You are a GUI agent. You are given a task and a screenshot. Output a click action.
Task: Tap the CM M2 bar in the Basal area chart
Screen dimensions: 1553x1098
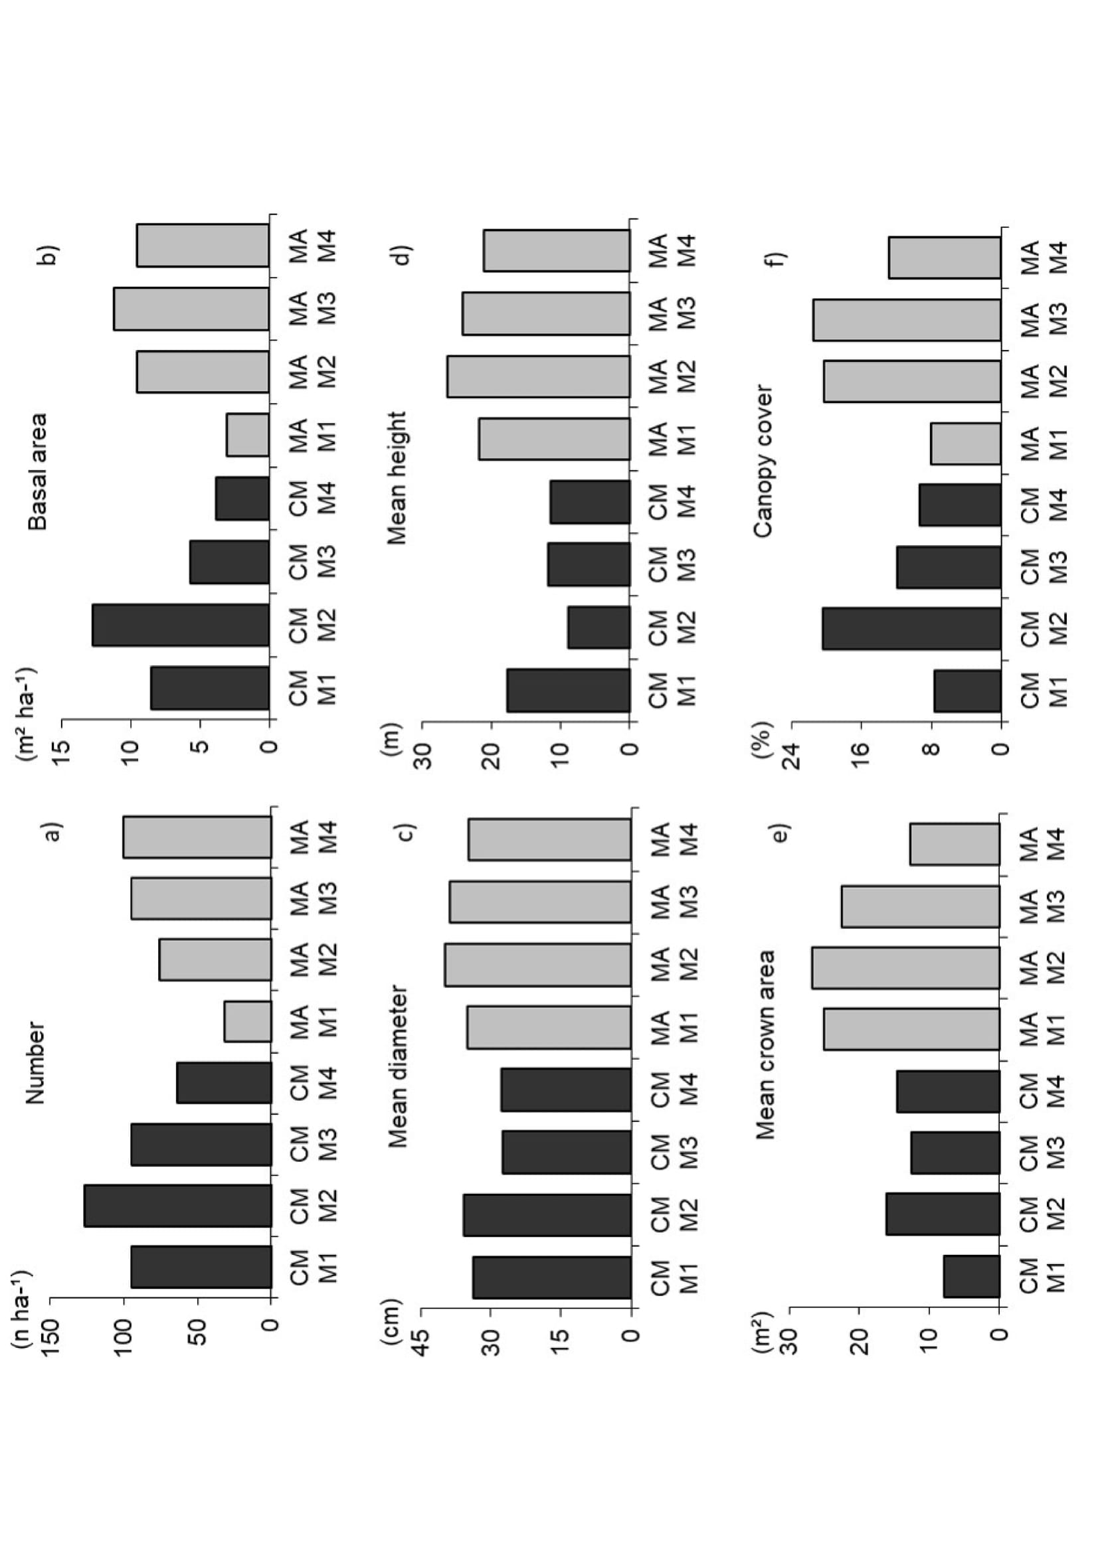[x=181, y=625]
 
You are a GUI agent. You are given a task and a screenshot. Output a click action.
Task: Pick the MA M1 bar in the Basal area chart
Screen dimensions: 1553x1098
[x=248, y=435]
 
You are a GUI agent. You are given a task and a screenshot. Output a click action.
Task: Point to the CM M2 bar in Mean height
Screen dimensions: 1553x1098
[x=598, y=627]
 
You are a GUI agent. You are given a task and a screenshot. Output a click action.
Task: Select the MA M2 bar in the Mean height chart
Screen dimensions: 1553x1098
[x=539, y=376]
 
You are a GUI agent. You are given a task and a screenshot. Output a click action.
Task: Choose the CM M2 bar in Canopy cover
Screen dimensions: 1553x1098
[x=911, y=628]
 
